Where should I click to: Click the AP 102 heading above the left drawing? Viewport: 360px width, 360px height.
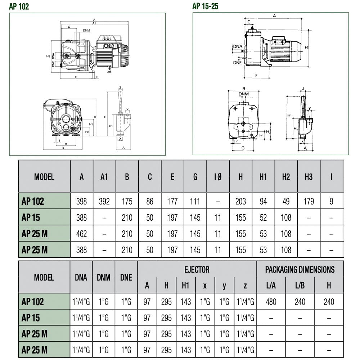pos(19,6)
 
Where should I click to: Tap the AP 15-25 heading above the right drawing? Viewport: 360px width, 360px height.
pos(205,6)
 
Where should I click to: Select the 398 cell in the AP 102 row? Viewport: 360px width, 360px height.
pos(81,201)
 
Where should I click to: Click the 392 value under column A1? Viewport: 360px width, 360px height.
pos(104,201)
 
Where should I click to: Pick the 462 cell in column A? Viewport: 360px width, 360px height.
pos(81,234)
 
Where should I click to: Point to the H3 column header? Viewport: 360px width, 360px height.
pos(309,177)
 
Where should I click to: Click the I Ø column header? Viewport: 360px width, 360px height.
pos(218,177)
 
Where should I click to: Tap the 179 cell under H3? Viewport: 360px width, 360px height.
pos(309,201)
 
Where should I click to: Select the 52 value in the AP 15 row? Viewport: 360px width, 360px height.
pos(264,217)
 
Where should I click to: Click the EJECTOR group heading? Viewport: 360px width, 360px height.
pos(197,270)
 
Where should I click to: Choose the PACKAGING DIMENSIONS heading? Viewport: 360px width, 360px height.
pos(300,270)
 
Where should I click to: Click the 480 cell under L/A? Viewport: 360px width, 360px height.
pos(271,302)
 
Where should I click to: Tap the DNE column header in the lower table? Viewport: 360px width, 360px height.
pos(126,277)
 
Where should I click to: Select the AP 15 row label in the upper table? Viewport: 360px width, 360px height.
pos(31,217)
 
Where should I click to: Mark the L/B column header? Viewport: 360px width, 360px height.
pos(300,285)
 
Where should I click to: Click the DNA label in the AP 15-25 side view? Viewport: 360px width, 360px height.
pos(238,46)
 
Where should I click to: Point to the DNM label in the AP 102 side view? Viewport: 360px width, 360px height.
pos(86,30)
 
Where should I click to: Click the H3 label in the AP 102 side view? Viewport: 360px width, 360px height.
pos(48,56)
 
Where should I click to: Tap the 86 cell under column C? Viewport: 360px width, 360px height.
pos(150,201)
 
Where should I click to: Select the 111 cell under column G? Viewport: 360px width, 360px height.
pos(195,201)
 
